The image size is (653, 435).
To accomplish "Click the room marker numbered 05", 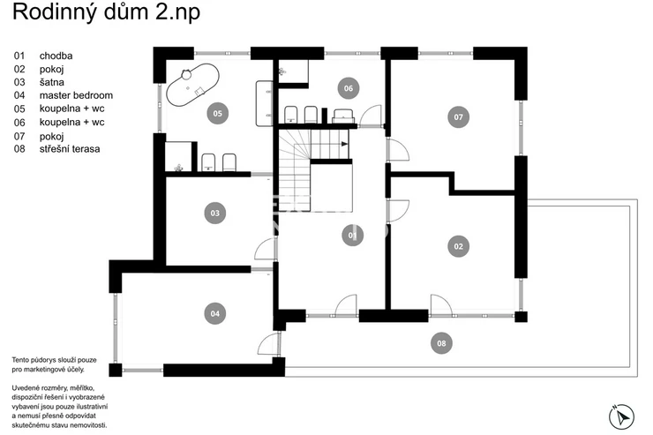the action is (x=217, y=113).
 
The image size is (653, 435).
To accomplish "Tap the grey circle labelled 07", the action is (x=458, y=117).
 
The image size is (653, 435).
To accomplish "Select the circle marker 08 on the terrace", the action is (x=441, y=343).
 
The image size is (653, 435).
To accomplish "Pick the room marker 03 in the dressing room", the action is (x=215, y=214).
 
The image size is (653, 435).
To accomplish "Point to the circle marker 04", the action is (x=215, y=313).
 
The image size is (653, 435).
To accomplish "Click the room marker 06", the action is (x=349, y=88).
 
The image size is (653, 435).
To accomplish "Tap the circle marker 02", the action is (x=458, y=246).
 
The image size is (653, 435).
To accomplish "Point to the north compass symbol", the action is (x=621, y=416).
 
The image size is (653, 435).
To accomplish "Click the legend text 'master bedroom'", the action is (x=76, y=95).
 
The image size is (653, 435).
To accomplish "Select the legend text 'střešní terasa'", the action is (x=70, y=148).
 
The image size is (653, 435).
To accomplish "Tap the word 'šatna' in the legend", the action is (x=52, y=82).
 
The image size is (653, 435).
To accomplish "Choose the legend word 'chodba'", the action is (x=56, y=56).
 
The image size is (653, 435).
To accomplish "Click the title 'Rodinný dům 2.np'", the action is (x=106, y=11).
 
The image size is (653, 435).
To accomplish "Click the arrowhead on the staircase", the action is (x=344, y=144).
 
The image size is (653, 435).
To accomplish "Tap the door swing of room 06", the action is (x=371, y=116).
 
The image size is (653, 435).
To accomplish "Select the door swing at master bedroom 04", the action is (x=266, y=344).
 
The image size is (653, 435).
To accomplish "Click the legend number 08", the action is (x=19, y=148).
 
